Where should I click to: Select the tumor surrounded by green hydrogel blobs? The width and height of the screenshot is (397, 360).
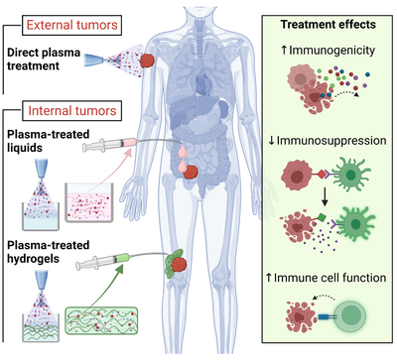(186, 264)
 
